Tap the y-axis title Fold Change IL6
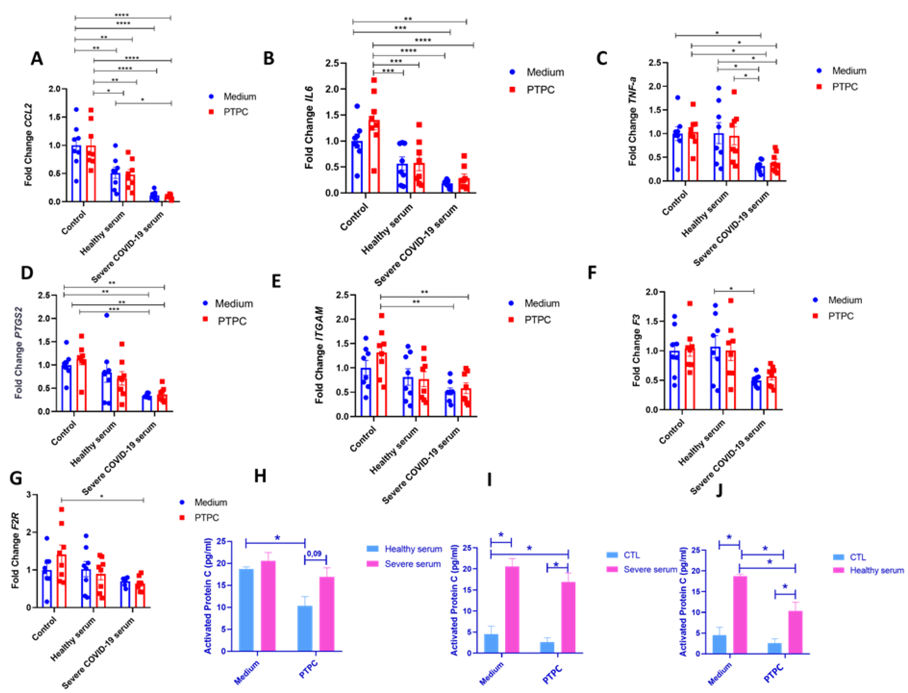[x=309, y=128]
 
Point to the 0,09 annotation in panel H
[x=314, y=554]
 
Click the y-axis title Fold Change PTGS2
[x=19, y=353]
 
